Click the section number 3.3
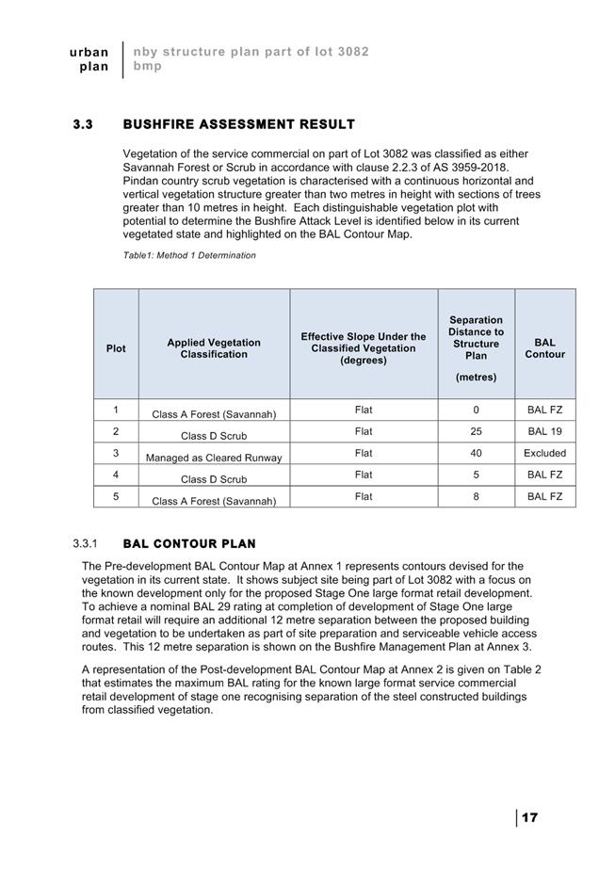tap(84, 124)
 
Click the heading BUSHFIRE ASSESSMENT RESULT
tap(238, 124)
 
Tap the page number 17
tap(529, 817)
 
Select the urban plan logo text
tap(89, 58)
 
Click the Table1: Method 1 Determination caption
tap(189, 255)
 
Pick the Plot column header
tap(116, 348)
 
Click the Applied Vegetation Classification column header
tap(214, 348)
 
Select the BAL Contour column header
tap(544, 348)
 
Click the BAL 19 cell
tap(544, 431)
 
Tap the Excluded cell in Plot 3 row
tap(544, 453)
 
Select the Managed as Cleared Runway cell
tap(214, 458)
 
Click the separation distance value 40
tap(476, 453)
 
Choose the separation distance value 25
tap(476, 431)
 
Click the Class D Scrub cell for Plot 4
tap(214, 479)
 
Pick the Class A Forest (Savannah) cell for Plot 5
tap(214, 501)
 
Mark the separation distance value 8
tap(476, 496)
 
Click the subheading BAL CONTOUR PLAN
tap(189, 544)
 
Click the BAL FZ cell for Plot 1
tap(544, 410)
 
